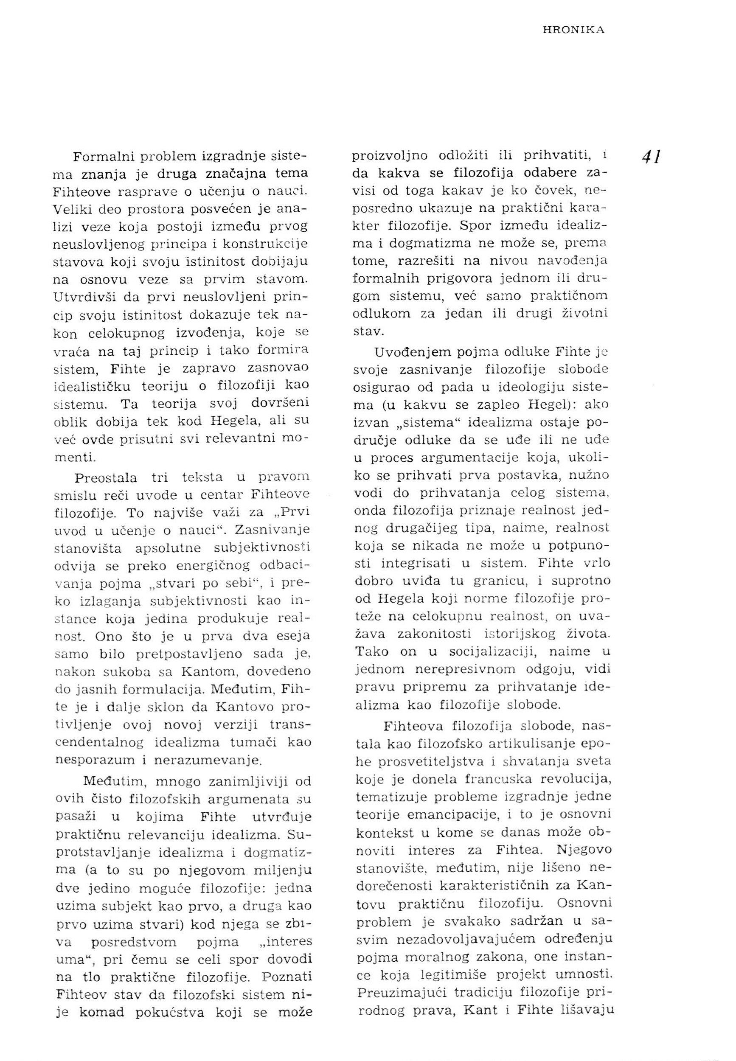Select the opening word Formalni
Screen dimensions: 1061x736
[x=100, y=157]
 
